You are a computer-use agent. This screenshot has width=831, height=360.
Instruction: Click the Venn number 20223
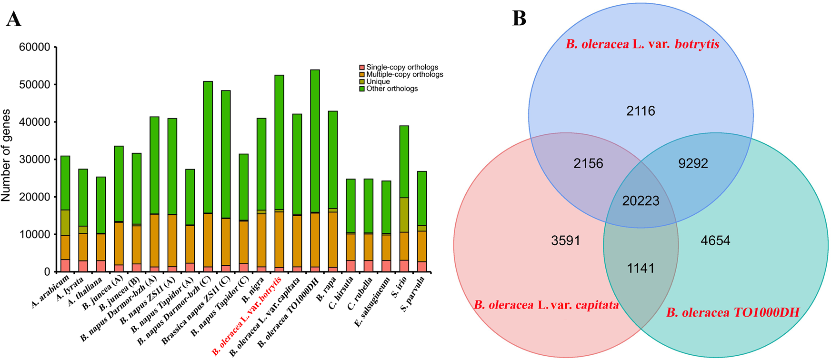(641, 200)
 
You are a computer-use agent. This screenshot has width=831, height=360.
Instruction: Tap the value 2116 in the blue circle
(641, 111)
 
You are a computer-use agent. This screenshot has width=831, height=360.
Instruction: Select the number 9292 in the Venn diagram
(693, 163)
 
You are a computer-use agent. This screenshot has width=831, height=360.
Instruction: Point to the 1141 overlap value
(641, 268)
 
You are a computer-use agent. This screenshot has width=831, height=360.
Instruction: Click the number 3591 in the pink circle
(566, 240)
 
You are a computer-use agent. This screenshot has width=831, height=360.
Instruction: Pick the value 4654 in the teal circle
(715, 240)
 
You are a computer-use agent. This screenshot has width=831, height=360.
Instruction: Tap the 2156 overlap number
(588, 163)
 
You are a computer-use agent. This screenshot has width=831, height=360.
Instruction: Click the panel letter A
(13, 20)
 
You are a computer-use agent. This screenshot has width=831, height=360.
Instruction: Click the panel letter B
(519, 19)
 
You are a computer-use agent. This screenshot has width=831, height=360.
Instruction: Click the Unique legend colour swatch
(362, 82)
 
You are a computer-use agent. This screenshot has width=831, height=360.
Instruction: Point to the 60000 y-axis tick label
(34, 47)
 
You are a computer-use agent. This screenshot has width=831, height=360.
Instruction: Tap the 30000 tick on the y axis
(34, 160)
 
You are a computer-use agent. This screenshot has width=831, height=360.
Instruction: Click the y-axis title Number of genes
(6, 155)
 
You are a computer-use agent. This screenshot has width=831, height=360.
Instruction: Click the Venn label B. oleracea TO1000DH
(732, 313)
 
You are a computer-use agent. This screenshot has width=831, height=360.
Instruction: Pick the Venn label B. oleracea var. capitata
(546, 305)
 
